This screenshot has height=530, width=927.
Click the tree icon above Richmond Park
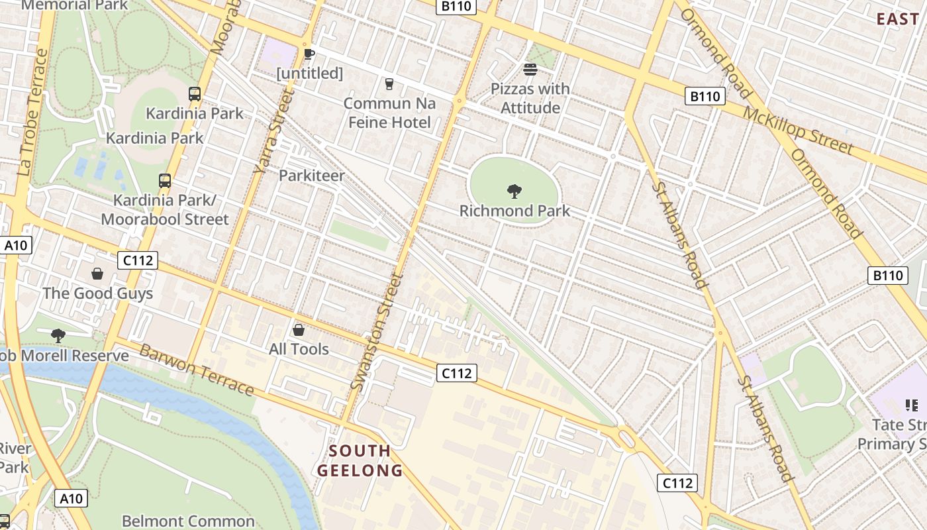[x=514, y=192]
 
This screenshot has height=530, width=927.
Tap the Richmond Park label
[x=514, y=211]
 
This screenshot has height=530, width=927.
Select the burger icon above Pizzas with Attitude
[x=530, y=69]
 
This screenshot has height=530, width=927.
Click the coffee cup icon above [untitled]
[x=309, y=54]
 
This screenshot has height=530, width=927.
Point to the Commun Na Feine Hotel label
[x=389, y=113]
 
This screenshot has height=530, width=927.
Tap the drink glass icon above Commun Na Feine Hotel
[x=389, y=84]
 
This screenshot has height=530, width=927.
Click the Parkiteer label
[x=311, y=176]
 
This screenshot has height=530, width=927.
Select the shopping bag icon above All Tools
[x=299, y=329]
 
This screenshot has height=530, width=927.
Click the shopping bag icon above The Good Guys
[x=97, y=274]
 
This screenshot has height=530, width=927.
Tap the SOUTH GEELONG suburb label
[x=360, y=461]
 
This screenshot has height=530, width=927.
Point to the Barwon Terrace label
[x=197, y=370]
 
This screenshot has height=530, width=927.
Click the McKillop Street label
[x=798, y=130]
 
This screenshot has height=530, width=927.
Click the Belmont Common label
[x=188, y=521]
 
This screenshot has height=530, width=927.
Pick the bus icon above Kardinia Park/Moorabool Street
[x=164, y=180]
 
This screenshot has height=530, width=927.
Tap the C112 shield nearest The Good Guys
[x=138, y=260]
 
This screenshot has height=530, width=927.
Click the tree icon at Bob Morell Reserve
[x=58, y=336]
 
